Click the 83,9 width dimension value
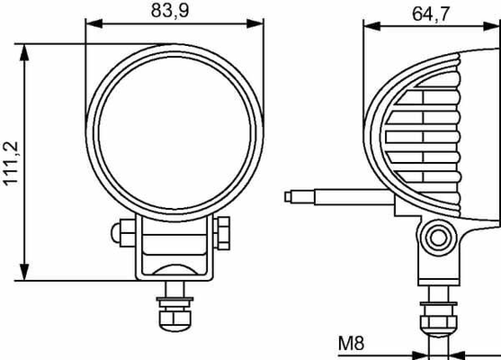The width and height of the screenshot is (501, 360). pos(170,10)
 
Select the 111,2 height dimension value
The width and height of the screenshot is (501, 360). pos(11,163)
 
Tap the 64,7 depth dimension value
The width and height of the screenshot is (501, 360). pos(431,13)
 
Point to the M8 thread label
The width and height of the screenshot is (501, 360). pos(351,344)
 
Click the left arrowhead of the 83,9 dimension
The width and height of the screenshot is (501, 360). pos(94,23)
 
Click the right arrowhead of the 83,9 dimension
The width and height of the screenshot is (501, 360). pos(255,23)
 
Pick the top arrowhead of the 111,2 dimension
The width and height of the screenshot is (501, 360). pos(24,53)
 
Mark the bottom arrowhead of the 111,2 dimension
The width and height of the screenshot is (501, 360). pos(24,272)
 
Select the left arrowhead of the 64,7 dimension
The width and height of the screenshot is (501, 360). pos(371,26)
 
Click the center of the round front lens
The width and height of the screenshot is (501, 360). pos(174,132)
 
